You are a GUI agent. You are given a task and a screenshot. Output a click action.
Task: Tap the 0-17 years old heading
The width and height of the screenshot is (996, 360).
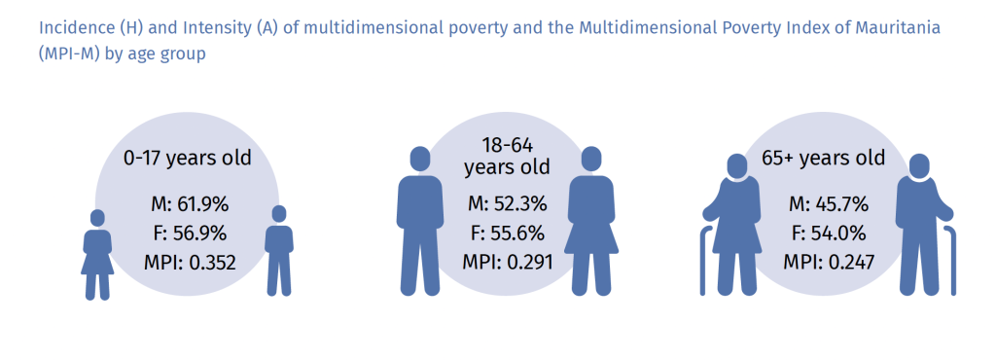tap(188, 158)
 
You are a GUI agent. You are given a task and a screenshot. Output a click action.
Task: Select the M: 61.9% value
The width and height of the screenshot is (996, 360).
tap(187, 205)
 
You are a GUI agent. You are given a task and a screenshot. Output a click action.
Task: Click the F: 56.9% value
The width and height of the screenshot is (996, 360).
tap(187, 234)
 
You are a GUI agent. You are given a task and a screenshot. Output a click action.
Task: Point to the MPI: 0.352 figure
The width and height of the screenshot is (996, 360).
tap(187, 262)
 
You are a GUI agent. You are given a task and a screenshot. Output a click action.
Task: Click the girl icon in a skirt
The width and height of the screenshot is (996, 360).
tap(97, 254)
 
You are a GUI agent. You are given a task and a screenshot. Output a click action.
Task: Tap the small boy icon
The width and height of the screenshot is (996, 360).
tap(279, 250)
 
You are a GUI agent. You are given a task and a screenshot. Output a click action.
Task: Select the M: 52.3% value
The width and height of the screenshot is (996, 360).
tap(507, 205)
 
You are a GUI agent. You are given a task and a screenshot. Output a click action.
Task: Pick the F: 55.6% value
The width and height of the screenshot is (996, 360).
tap(507, 233)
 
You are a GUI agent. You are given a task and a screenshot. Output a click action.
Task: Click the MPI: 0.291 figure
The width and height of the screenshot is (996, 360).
tap(507, 261)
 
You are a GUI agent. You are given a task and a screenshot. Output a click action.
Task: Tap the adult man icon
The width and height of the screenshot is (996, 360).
tap(420, 221)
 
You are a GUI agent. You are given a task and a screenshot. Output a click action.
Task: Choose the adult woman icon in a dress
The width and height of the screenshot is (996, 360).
tap(591, 221)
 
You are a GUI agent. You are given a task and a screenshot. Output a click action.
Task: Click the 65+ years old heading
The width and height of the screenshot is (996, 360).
tap(824, 158)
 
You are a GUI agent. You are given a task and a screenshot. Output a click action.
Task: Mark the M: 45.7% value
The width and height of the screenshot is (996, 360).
tap(825, 205)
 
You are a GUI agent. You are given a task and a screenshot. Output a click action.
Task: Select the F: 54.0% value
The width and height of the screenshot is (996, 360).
tap(825, 234)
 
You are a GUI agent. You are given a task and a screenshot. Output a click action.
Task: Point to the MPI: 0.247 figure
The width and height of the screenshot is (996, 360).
tap(825, 262)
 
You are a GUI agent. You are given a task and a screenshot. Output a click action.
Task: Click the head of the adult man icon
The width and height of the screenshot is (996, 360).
tap(420, 159)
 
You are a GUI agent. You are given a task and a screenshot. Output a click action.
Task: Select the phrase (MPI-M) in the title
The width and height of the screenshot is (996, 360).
tap(68, 54)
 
